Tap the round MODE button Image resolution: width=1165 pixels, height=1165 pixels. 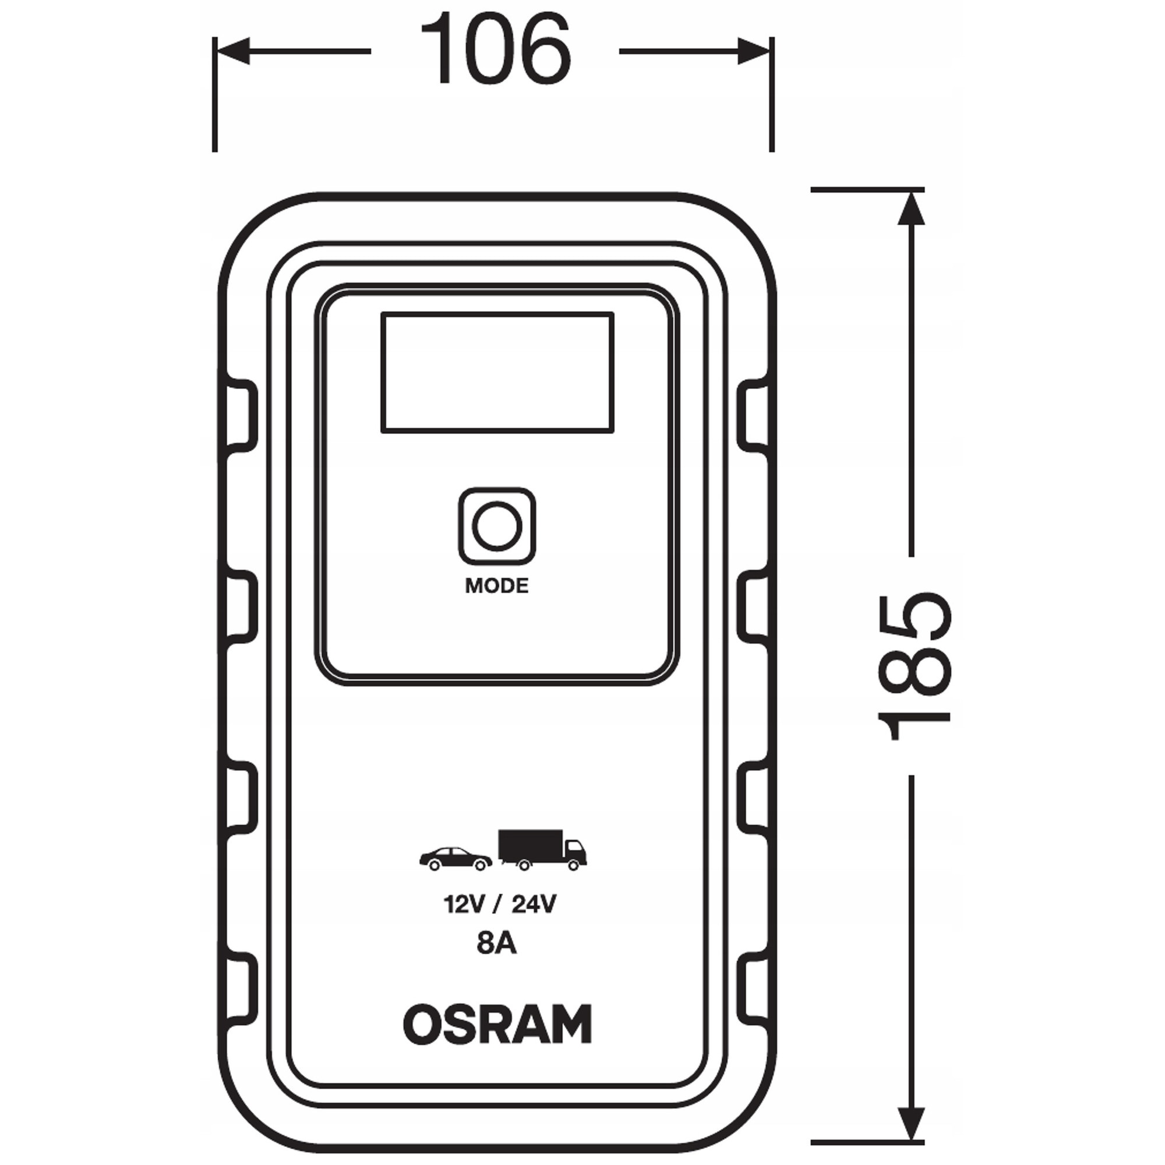click(x=497, y=527)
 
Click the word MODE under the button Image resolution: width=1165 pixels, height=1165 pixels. click(x=497, y=585)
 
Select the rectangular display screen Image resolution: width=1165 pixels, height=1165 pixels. click(x=497, y=372)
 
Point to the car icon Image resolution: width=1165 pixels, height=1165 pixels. click(x=456, y=859)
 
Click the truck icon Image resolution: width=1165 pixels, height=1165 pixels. click(x=542, y=850)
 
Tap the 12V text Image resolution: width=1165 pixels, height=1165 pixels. click(x=464, y=921)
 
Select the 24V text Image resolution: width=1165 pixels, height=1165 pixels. click(x=534, y=921)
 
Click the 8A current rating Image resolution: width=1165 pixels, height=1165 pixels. click(x=497, y=961)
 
